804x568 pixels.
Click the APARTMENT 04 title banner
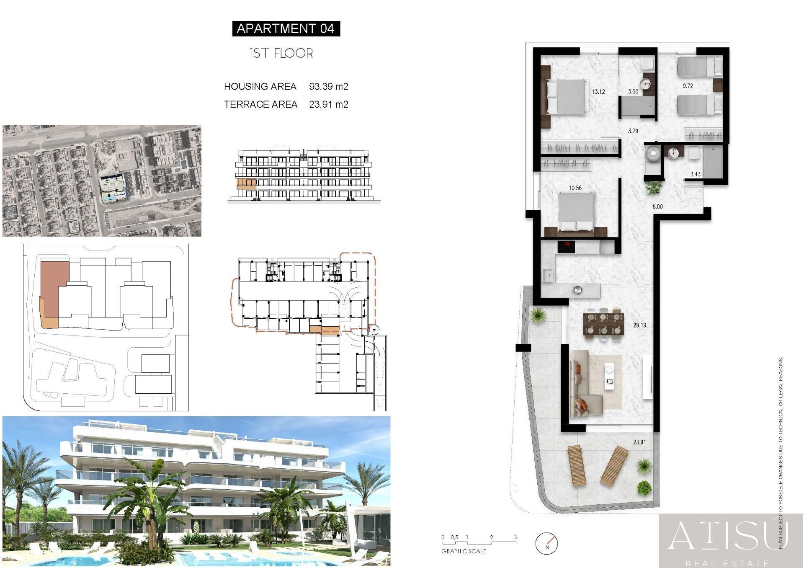[x=286, y=28]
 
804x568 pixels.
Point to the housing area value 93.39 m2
[x=329, y=86]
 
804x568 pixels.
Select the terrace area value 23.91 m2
[x=329, y=104]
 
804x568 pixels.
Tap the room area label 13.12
[x=598, y=92]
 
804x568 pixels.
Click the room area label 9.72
[x=688, y=86]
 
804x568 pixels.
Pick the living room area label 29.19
[x=639, y=325]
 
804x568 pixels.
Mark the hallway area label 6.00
[x=657, y=207]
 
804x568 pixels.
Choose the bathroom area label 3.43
[x=696, y=174]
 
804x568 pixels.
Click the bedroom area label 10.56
[x=575, y=188]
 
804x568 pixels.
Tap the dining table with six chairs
[x=603, y=324]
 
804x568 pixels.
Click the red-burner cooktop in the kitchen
[x=566, y=247]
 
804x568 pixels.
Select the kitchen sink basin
[x=547, y=276]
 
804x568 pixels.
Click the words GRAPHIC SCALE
[x=464, y=551]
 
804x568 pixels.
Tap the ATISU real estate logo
[x=731, y=541]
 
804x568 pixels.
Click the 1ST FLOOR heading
[x=281, y=53]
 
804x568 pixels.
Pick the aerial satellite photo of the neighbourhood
[x=102, y=181]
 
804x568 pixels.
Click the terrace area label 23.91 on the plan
[x=639, y=442]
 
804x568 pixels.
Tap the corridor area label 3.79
[x=633, y=131]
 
